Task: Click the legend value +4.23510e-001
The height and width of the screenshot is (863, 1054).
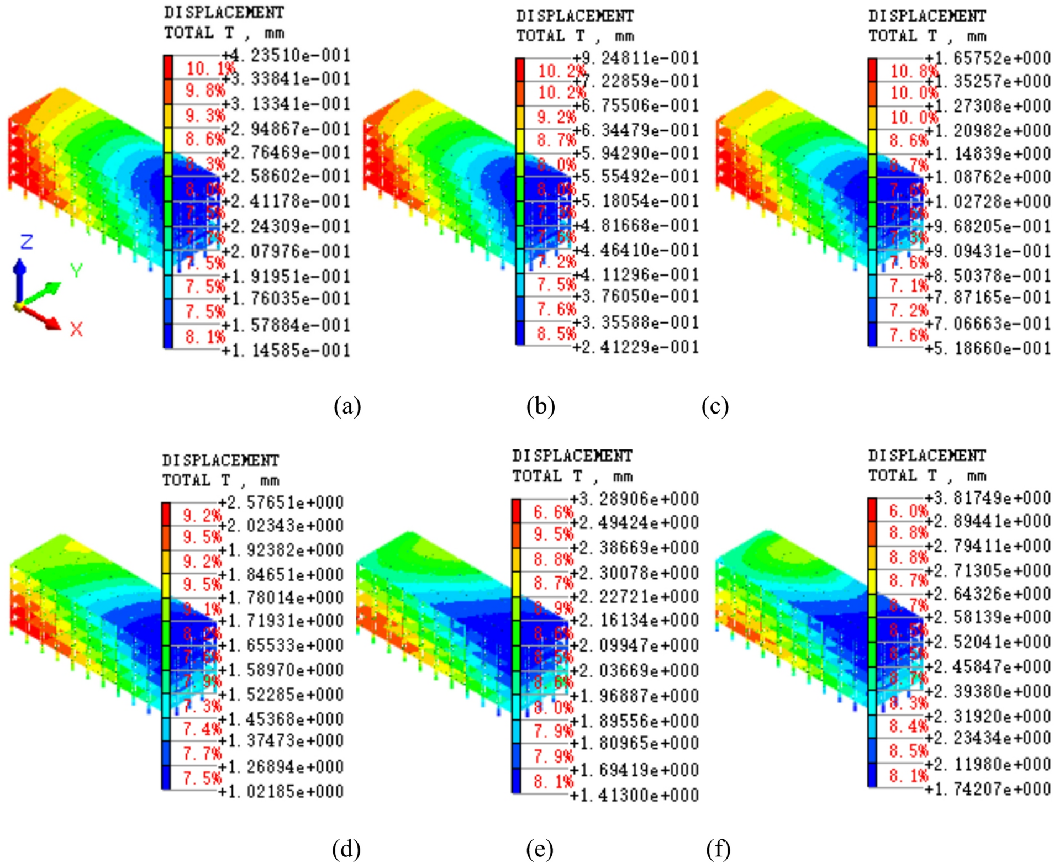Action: [286, 55]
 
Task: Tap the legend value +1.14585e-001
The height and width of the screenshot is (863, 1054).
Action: [286, 350]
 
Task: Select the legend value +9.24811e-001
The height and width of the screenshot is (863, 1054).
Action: [636, 58]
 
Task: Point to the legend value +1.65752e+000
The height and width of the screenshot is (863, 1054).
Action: [988, 58]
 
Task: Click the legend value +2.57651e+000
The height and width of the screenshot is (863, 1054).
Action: [281, 502]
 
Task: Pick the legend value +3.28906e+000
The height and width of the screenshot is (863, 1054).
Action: [635, 499]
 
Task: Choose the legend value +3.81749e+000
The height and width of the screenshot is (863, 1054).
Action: [988, 497]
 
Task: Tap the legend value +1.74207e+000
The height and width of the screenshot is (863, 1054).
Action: [988, 788]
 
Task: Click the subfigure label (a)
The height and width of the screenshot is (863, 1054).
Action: [347, 406]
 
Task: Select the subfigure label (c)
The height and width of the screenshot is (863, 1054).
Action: [715, 406]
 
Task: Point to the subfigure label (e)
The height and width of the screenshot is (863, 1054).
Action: [540, 849]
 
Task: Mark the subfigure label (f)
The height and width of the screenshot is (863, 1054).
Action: [718, 849]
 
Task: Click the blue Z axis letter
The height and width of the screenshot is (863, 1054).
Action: [27, 242]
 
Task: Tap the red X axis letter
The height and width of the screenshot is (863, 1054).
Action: [76, 330]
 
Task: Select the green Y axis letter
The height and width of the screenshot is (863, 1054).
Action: [76, 271]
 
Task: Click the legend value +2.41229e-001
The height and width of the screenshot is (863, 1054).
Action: [636, 347]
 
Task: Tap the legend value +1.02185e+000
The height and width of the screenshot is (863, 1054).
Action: [281, 791]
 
